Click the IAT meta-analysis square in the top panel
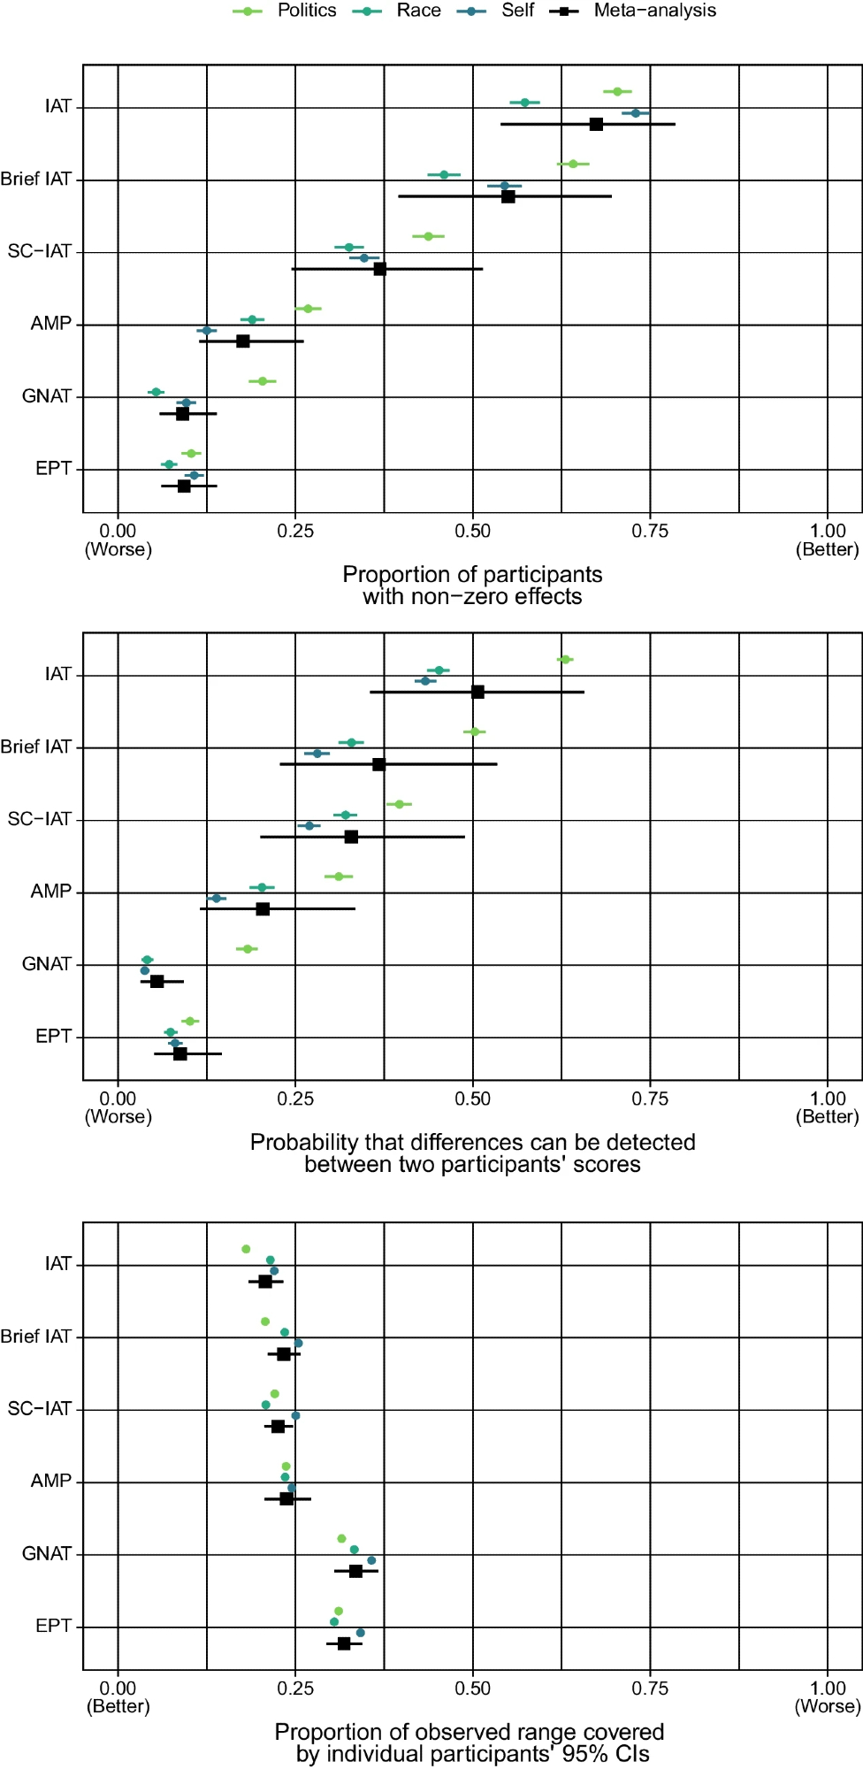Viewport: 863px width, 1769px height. coord(596,124)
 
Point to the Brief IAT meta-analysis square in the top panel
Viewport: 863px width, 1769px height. coord(508,196)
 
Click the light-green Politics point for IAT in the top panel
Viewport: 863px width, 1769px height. coord(617,92)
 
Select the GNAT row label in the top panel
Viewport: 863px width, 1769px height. coord(46,396)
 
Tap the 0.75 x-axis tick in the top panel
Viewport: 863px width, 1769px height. coord(650,531)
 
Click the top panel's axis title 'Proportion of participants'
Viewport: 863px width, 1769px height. coord(472,575)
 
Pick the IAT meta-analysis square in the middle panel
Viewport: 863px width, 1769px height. coord(477,692)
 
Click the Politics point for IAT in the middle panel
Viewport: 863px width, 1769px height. coord(565,660)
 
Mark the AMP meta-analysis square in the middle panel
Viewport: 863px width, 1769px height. coord(263,908)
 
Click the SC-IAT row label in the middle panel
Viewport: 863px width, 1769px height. coord(39,819)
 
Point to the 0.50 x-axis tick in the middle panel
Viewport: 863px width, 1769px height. coord(472,1099)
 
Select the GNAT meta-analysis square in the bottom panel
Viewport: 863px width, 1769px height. coord(355,1571)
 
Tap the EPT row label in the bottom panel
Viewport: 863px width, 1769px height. coord(53,1626)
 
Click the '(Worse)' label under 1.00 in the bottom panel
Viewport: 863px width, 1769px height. coord(827,1706)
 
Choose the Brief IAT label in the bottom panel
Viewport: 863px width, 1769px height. coord(36,1336)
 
